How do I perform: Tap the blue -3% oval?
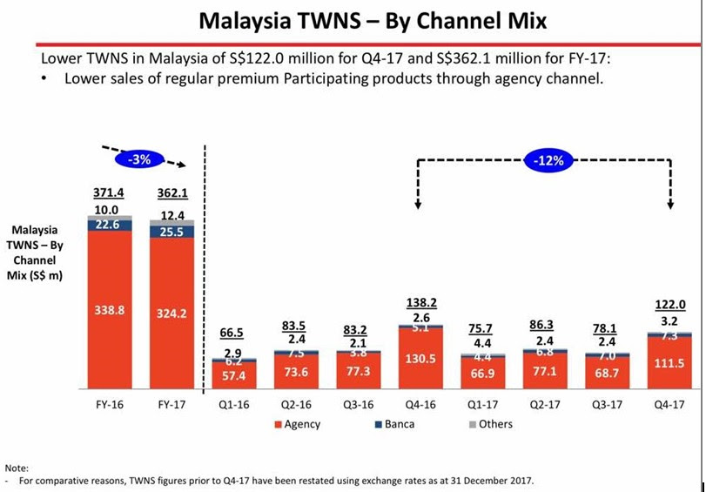click(x=139, y=159)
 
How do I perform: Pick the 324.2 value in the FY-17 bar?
click(x=171, y=313)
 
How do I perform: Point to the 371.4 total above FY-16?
click(x=109, y=192)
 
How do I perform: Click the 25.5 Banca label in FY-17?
click(x=171, y=232)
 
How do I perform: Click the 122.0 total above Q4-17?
click(x=670, y=305)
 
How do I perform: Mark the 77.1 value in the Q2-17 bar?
click(x=544, y=370)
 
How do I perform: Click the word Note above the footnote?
click(x=18, y=468)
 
